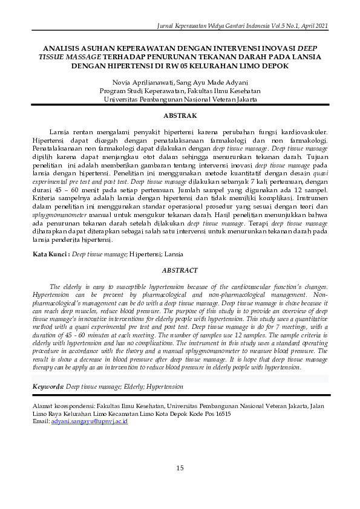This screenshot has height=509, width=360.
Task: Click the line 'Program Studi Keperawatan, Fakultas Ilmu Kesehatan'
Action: (x=180, y=90)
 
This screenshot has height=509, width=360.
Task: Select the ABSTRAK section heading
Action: (x=180, y=114)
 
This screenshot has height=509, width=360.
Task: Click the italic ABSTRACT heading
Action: (x=180, y=270)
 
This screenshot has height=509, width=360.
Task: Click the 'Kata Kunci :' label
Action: (x=51, y=255)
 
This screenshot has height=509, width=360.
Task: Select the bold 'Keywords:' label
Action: (x=48, y=386)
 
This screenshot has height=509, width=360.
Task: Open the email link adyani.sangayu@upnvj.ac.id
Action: (x=90, y=421)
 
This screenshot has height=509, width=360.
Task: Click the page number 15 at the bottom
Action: (x=180, y=468)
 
